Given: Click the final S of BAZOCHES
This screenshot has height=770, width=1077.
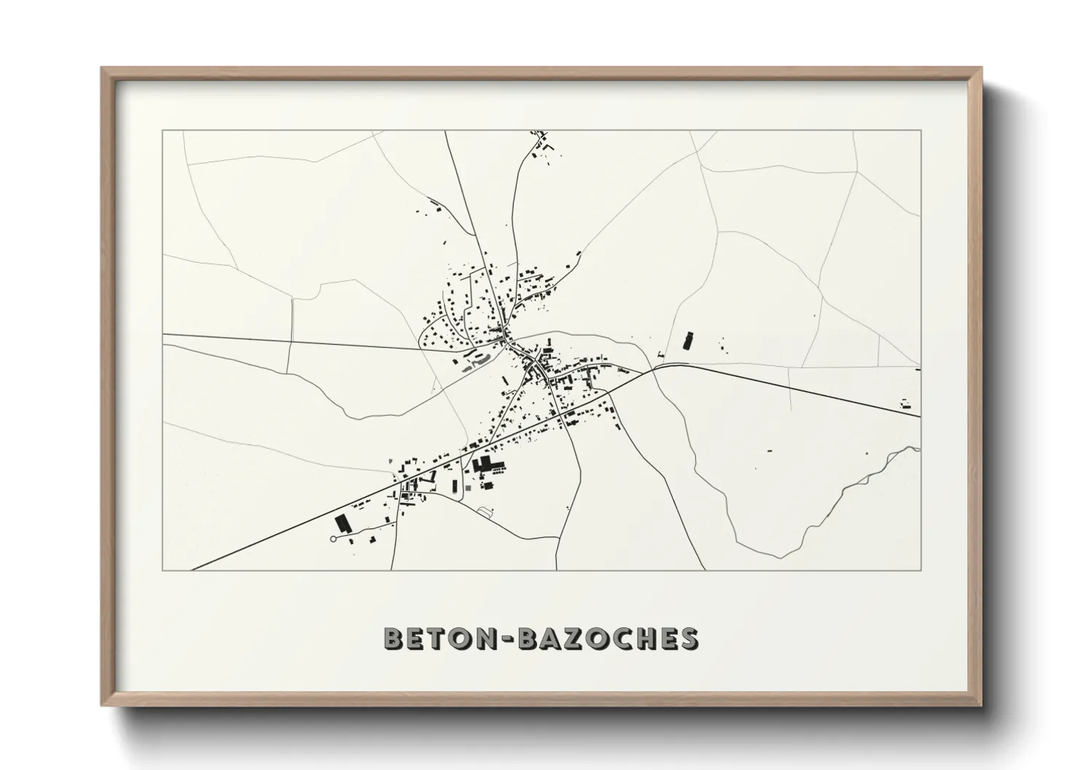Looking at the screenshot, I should (x=689, y=638).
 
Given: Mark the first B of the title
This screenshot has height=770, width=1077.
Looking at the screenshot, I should (x=393, y=638).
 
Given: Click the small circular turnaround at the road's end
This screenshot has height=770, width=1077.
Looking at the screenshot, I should (x=333, y=539).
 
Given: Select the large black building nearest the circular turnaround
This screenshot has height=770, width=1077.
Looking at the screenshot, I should (x=342, y=524).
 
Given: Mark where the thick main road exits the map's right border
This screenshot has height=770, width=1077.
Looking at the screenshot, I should (x=920, y=417).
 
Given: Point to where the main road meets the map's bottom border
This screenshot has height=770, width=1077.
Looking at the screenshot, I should (x=192, y=570).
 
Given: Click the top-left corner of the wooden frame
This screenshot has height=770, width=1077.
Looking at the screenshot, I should (x=102, y=68).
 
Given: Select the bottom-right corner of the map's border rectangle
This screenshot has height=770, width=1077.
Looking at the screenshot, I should (x=921, y=570).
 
